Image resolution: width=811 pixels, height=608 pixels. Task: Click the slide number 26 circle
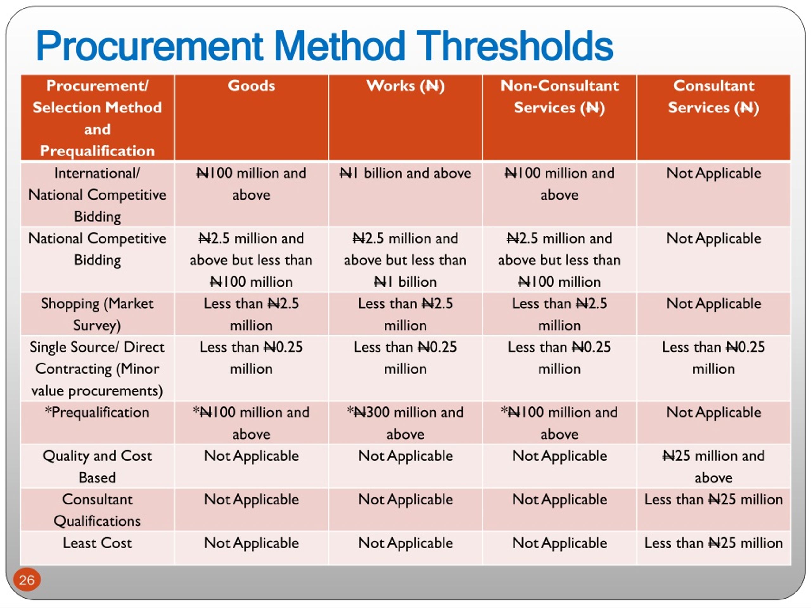[26, 580]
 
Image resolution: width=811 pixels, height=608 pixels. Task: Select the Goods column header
[251, 86]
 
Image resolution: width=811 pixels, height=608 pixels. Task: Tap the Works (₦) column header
[405, 86]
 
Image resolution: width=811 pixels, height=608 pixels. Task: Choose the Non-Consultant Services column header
[559, 96]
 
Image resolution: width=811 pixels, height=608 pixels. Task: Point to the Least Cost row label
[97, 543]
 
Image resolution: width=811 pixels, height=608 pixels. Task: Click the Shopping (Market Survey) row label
[97, 314]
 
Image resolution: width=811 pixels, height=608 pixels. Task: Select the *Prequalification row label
[97, 412]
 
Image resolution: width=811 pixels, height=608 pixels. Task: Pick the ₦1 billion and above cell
[405, 173]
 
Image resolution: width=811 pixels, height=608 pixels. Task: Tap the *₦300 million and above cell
[405, 423]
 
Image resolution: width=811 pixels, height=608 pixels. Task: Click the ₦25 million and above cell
[713, 466]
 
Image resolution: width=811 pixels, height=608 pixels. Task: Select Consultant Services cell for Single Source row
[713, 358]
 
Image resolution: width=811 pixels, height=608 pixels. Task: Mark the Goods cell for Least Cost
[251, 543]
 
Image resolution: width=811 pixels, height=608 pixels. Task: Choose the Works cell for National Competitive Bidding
[405, 260]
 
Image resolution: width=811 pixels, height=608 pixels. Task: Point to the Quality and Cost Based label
[97, 466]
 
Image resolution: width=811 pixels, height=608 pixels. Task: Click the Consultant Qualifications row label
[97, 510]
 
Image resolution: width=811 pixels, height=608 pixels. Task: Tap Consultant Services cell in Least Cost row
[713, 543]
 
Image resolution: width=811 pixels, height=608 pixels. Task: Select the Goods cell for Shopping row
[251, 314]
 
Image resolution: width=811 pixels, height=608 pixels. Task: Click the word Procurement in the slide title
[150, 46]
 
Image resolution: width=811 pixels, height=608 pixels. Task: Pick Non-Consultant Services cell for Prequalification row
[559, 423]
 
